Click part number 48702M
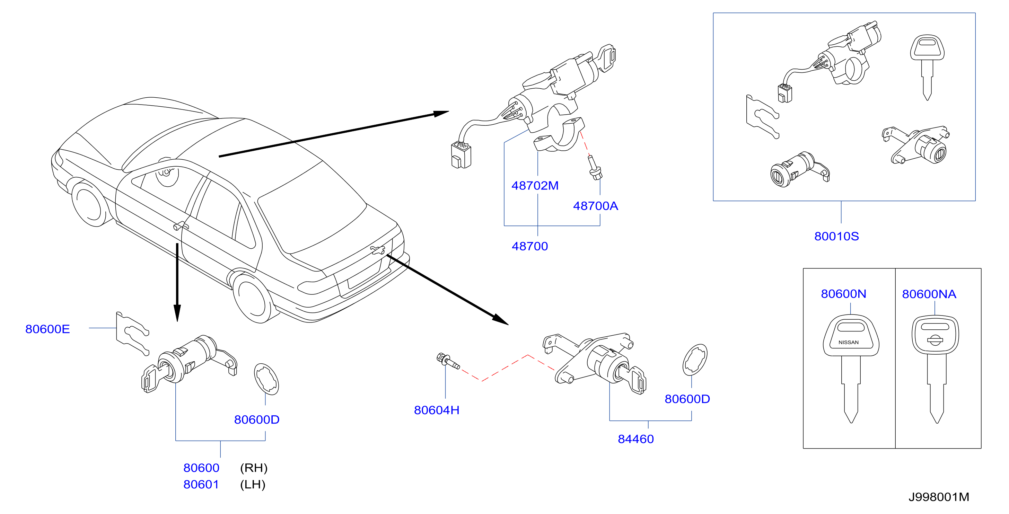pos(535,186)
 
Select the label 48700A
pos(595,206)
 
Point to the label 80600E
pos(47,329)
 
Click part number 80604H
pos(436,410)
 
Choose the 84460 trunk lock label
pos(636,439)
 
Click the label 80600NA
pos(929,294)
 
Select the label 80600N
pos(843,294)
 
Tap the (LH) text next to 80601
pos(253,485)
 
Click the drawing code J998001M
pos(939,497)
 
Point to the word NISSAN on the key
pos(849,342)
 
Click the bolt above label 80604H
pos(448,361)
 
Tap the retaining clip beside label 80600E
pos(132,334)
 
